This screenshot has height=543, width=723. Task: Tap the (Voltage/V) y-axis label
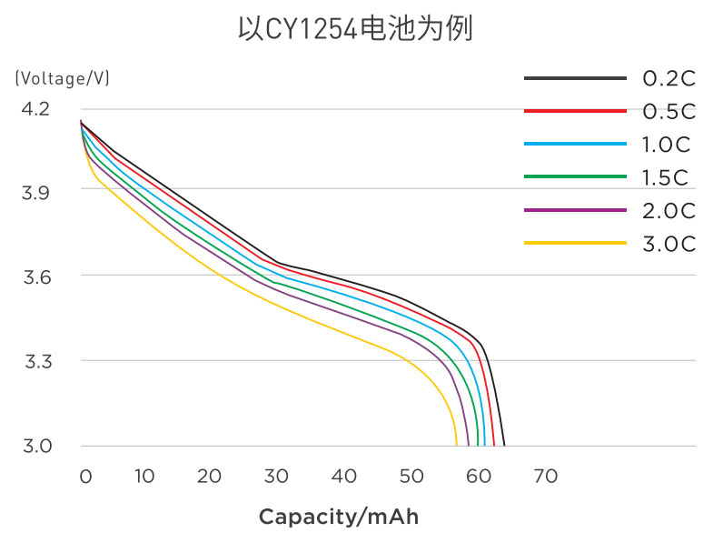click(x=63, y=78)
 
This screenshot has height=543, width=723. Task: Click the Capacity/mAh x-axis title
click(x=339, y=517)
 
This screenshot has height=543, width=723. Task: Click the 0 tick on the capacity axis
click(x=85, y=477)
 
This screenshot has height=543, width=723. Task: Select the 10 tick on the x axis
click(x=144, y=477)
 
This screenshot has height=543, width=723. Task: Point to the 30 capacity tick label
click(x=277, y=477)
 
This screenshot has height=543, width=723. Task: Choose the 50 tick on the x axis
click(x=411, y=477)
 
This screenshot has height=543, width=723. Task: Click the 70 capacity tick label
click(x=545, y=477)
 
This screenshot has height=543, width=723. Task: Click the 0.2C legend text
click(x=669, y=79)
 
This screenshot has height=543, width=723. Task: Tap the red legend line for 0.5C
click(x=575, y=111)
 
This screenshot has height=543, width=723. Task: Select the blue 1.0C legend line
click(x=575, y=144)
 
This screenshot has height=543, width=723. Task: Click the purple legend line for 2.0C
click(x=575, y=210)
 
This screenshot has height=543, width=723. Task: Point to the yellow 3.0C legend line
click(x=575, y=243)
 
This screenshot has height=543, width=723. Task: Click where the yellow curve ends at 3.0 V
click(x=456, y=445)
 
